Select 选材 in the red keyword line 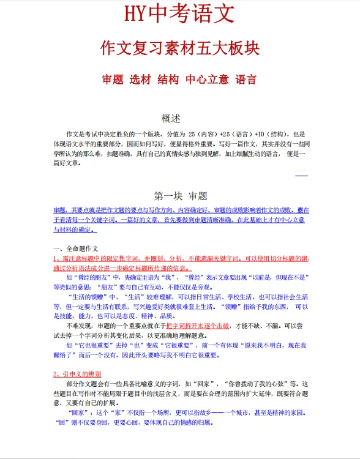141,80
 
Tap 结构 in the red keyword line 168,80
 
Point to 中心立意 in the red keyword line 207,80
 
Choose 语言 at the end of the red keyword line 246,80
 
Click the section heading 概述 171,118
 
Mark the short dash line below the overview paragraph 302,176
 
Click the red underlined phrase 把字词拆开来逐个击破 201,326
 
